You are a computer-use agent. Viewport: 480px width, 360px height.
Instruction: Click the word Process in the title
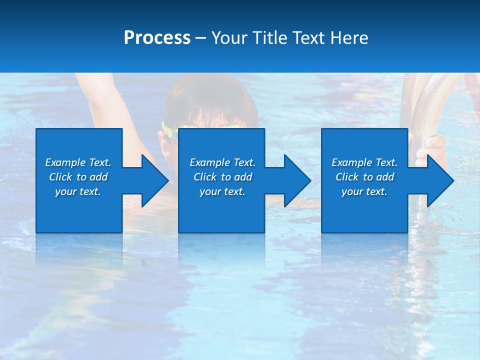point(157,38)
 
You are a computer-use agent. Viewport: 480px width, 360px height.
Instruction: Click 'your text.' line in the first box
point(78,191)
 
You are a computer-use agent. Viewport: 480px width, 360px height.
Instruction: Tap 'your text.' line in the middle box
point(222,191)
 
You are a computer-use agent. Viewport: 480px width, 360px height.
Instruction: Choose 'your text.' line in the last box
point(364,191)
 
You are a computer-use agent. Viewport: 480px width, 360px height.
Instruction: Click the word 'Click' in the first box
point(60,177)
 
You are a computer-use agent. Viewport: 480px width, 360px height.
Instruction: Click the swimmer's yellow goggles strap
point(167,130)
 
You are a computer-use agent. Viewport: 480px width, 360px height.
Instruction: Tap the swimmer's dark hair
point(210,102)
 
